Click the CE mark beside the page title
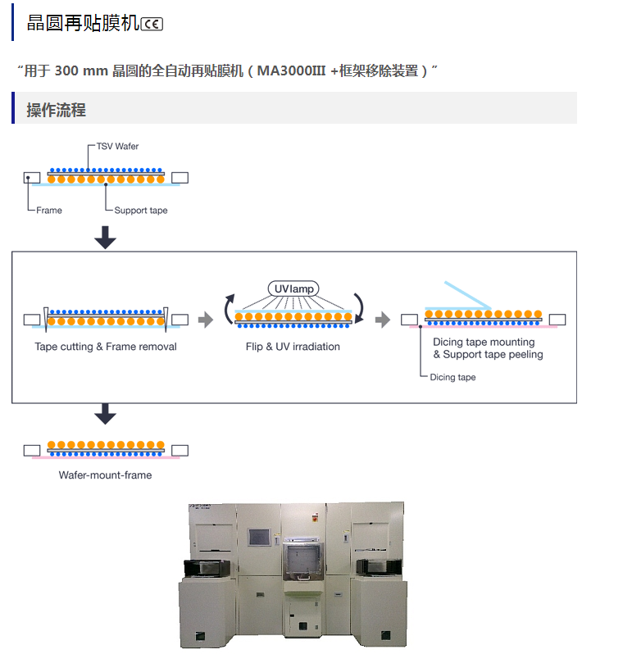click(152, 24)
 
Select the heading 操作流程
click(56, 110)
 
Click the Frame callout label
click(49, 211)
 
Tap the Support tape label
click(141, 211)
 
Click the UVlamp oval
click(293, 288)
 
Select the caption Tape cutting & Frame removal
click(106, 347)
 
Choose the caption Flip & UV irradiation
click(293, 347)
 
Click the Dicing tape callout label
click(452, 378)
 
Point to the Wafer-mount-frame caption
click(105, 475)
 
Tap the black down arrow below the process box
click(105, 415)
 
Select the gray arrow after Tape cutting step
click(206, 320)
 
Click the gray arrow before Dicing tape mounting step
click(383, 320)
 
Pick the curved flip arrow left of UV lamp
click(229, 310)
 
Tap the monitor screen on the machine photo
click(259, 538)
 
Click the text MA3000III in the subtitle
click(293, 70)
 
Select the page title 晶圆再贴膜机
click(83, 24)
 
